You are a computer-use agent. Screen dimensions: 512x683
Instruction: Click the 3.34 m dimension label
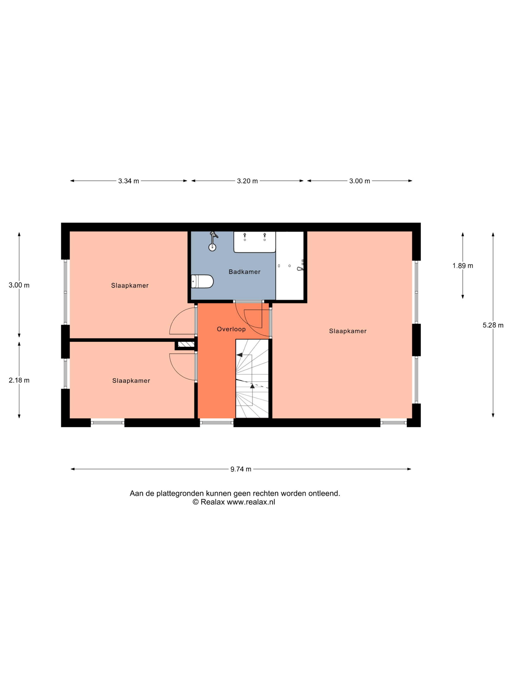[128, 181]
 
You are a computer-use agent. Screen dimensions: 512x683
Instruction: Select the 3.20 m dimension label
[247, 181]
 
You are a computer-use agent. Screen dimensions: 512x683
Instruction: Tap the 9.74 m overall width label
[241, 469]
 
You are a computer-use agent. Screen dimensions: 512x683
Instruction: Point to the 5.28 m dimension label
[493, 325]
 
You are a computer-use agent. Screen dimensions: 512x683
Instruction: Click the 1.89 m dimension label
[463, 266]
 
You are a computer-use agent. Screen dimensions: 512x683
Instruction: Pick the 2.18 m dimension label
[19, 380]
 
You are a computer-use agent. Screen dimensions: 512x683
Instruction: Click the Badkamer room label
[245, 272]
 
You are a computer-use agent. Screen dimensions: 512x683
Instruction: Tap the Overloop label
[231, 329]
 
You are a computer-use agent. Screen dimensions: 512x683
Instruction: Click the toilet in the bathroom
[202, 281]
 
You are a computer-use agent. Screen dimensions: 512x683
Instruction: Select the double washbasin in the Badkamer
[254, 242]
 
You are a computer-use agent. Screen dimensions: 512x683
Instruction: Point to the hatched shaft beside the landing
[186, 344]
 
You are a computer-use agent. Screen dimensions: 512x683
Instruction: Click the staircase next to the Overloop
[252, 379]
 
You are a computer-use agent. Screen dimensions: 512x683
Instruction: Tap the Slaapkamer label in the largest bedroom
[348, 331]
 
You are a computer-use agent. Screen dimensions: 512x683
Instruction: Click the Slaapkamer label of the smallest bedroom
[131, 381]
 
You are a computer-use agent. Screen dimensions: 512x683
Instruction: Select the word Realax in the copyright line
[213, 502]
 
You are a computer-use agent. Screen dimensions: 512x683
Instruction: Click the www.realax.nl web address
[251, 502]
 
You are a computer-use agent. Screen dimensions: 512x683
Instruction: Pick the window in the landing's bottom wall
[217, 423]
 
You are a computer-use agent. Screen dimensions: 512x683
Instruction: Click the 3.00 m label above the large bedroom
[360, 181]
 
